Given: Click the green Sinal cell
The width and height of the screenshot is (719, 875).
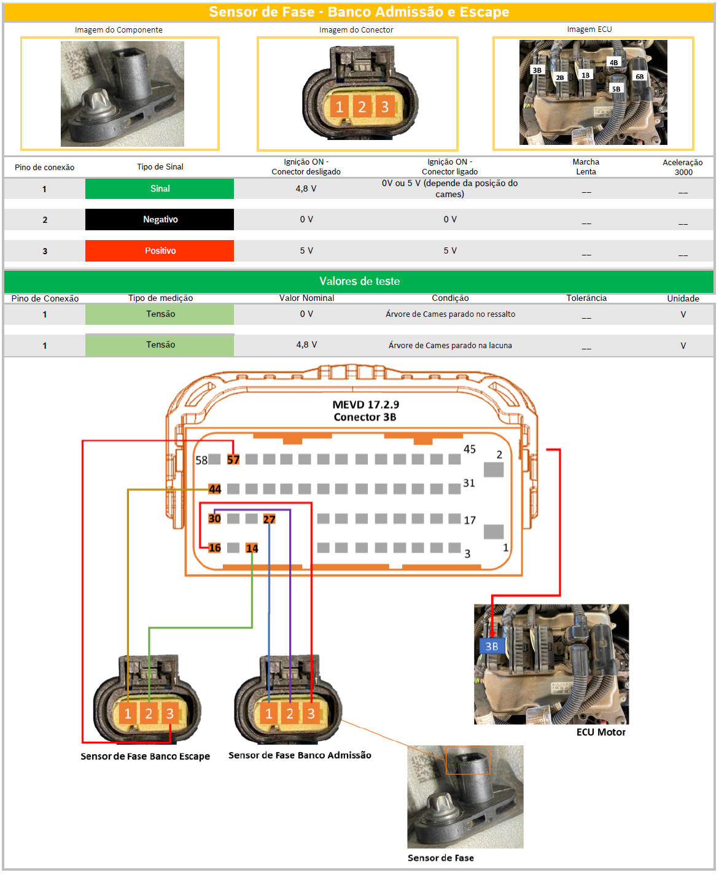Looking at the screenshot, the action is tap(159, 189).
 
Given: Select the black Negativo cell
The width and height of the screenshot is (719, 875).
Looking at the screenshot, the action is tap(159, 219).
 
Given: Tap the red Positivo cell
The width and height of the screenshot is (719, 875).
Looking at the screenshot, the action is tap(159, 251).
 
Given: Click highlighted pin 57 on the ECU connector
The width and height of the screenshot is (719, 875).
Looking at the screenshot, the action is tap(233, 460).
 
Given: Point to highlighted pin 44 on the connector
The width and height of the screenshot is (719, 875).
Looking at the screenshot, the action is tap(214, 489).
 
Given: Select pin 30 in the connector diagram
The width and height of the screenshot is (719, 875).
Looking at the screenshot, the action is tap(214, 519).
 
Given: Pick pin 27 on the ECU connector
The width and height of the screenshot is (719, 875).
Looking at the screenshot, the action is tap(270, 519).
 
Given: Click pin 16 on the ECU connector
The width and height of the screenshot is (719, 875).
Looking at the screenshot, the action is tap(214, 548).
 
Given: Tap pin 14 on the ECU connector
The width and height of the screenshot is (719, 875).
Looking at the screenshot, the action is tap(252, 548).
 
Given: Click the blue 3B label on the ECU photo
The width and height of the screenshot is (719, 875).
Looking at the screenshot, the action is tap(492, 647).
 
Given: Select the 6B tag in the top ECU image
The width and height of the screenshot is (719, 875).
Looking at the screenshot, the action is tap(640, 77).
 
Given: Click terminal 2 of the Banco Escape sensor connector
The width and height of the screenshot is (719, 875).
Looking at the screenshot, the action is tap(149, 714).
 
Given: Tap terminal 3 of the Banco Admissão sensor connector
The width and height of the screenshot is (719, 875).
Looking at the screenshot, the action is tap(311, 714).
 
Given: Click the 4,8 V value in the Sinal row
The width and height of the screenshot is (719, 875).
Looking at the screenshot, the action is tap(306, 189).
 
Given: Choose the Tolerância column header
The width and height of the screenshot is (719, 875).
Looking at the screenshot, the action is tap(586, 298).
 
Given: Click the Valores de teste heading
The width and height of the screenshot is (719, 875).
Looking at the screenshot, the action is tap(360, 281).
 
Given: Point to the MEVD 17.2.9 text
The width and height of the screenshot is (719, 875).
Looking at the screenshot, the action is tap(365, 405).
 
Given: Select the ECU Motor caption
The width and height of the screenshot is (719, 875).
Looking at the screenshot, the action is tap(600, 733).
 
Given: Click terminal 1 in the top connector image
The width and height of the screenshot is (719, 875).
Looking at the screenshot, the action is tap(340, 107).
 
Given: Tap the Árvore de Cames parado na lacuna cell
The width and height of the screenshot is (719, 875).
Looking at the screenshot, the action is tap(450, 345).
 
